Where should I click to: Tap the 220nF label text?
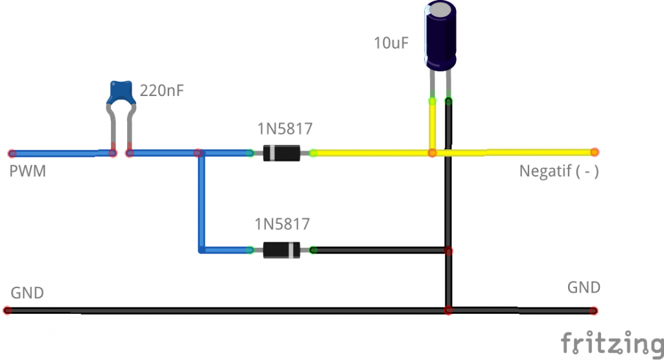pos(162,91)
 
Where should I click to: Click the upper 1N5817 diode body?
pos(281,153)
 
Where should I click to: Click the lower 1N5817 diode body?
pos(281,250)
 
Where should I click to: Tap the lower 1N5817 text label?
pos(282,225)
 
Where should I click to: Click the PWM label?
pos(27,173)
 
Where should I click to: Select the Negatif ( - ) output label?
pos(558,173)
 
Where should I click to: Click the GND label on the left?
pos(27,293)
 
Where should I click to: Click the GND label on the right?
pos(584,287)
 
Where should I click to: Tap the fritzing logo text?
pos(611,342)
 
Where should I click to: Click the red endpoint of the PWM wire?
pos(12,154)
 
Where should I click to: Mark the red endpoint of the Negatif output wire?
pos(594,152)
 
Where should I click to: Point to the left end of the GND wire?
pos(8,311)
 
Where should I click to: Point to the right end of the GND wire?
pos(594,311)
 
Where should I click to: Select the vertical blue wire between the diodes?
pos(201,201)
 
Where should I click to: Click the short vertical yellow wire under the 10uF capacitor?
pos(432,126)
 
